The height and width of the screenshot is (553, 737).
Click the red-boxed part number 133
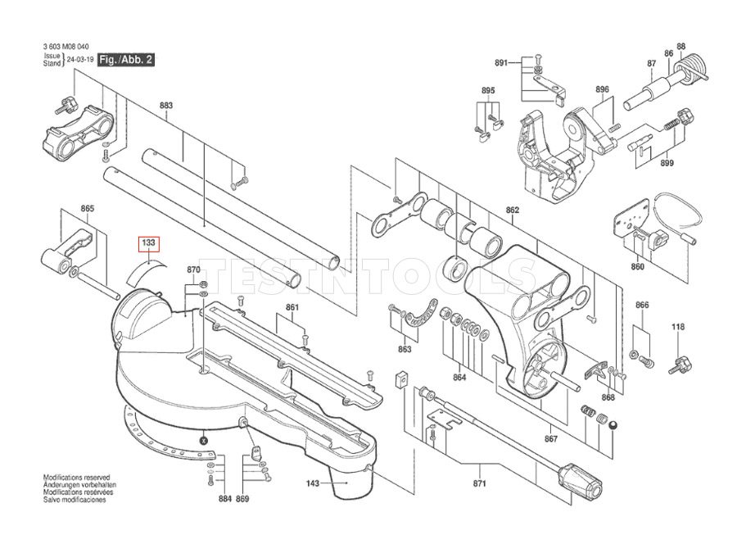click(x=148, y=243)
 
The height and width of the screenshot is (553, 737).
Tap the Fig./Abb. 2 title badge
click(x=126, y=60)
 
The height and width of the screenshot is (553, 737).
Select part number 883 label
click(x=166, y=106)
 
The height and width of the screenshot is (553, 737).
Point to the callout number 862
click(x=513, y=211)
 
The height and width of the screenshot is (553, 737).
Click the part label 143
click(x=313, y=483)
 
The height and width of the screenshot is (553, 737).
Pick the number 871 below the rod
click(x=479, y=483)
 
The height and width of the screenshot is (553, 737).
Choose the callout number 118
click(x=678, y=327)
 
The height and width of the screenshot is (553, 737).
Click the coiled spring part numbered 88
click(x=692, y=67)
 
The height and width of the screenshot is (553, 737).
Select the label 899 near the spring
click(x=667, y=163)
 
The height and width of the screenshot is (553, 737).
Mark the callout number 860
click(x=638, y=267)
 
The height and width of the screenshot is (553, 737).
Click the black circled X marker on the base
click(x=203, y=441)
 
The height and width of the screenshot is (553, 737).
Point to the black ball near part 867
click(x=613, y=425)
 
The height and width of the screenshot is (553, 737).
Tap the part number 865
click(x=88, y=209)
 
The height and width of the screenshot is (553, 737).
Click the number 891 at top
click(x=501, y=62)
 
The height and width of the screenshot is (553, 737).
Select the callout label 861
click(x=292, y=307)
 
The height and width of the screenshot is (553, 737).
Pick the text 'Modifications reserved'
click(x=77, y=478)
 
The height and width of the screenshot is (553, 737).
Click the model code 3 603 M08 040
click(x=66, y=47)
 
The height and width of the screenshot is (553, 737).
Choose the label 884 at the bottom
click(x=225, y=499)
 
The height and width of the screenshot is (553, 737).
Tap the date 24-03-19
click(x=80, y=60)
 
